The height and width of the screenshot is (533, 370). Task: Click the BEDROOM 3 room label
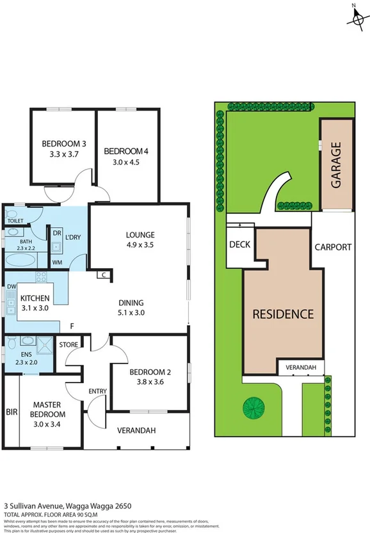pyautogui.click(x=64, y=143)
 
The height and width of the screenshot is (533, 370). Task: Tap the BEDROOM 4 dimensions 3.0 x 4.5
pyautogui.click(x=126, y=162)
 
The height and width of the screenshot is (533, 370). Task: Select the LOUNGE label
pyautogui.click(x=140, y=235)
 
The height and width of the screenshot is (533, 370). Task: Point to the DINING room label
pyautogui.click(x=130, y=303)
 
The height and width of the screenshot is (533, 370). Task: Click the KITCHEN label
pyautogui.click(x=35, y=299)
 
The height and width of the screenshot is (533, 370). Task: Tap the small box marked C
pyautogui.click(x=102, y=275)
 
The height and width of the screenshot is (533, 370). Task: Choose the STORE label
pyautogui.click(x=68, y=345)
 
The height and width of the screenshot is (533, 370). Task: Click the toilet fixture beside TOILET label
pyautogui.click(x=12, y=212)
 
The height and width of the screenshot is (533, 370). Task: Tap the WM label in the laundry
pyautogui.click(x=57, y=262)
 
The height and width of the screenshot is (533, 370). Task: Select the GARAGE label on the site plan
pyautogui.click(x=336, y=165)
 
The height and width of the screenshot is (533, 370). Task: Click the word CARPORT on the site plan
pyautogui.click(x=333, y=247)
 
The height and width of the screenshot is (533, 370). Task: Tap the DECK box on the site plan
pyautogui.click(x=239, y=245)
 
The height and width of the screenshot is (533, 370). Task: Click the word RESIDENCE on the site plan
pyautogui.click(x=282, y=314)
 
